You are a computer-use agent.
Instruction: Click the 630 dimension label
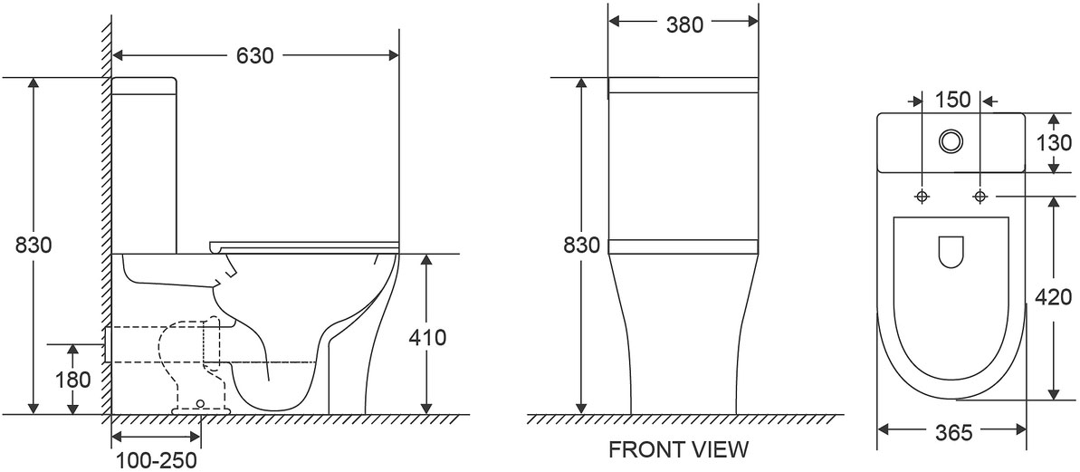pyautogui.click(x=255, y=56)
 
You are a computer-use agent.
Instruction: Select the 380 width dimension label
pyautogui.click(x=684, y=24)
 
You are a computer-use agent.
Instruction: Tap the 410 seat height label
pyautogui.click(x=427, y=338)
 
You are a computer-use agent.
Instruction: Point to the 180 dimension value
pyautogui.click(x=73, y=380)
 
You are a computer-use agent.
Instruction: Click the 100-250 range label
pyautogui.click(x=156, y=460)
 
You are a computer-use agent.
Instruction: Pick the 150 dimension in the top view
pyautogui.click(x=952, y=100)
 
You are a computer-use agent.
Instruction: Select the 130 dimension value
pyautogui.click(x=1055, y=143)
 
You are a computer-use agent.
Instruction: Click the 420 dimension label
pyautogui.click(x=1054, y=297)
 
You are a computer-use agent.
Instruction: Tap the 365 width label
pyautogui.click(x=952, y=433)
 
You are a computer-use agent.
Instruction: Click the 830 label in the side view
pyautogui.click(x=33, y=246)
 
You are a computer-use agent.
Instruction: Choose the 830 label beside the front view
pyautogui.click(x=582, y=246)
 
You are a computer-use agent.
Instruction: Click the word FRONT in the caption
pyautogui.click(x=641, y=450)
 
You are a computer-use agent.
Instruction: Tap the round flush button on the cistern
pyautogui.click(x=951, y=141)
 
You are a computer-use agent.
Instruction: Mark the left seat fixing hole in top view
pyautogui.click(x=922, y=197)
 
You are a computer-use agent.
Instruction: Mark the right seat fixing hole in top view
pyautogui.click(x=980, y=197)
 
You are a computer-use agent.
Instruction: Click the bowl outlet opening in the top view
pyautogui.click(x=951, y=252)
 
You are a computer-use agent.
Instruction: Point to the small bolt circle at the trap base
pyautogui.click(x=200, y=403)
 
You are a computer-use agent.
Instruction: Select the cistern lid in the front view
pyautogui.click(x=683, y=85)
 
